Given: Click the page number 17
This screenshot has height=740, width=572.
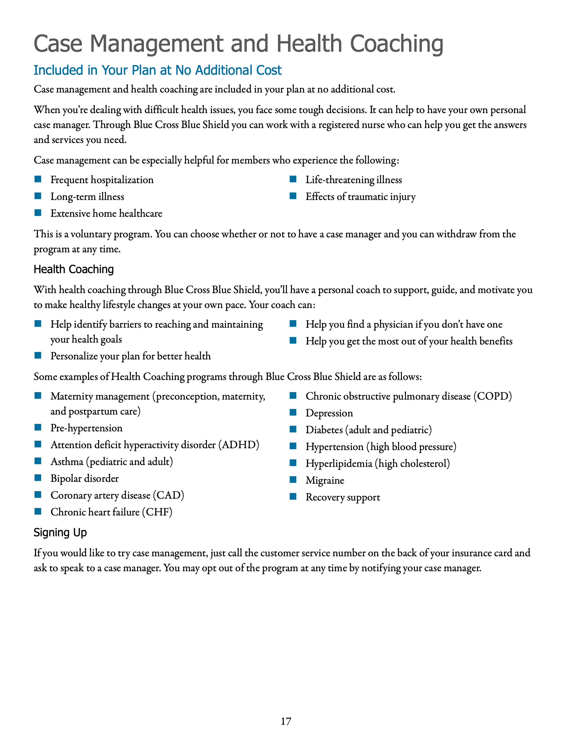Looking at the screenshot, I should (286, 721).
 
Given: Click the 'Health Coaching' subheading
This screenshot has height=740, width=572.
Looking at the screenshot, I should (74, 269).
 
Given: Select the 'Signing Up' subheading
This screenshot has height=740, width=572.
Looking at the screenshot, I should (60, 532).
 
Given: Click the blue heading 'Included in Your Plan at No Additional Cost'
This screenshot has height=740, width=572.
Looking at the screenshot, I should (158, 70).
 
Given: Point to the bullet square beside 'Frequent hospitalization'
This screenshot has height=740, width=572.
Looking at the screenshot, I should (38, 179).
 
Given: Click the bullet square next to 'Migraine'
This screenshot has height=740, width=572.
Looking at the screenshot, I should (293, 479).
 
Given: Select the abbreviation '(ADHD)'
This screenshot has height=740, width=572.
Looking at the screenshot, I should (239, 444).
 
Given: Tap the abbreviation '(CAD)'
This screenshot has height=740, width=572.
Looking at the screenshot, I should (169, 495).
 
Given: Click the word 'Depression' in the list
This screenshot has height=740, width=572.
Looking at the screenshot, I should (329, 413).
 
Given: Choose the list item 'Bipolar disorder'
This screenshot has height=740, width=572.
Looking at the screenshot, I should (84, 478).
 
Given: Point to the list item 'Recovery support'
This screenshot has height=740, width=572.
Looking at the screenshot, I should (343, 497).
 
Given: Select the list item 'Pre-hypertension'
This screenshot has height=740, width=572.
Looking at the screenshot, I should (86, 428).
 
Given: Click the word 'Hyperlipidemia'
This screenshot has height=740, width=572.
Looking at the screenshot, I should (339, 463).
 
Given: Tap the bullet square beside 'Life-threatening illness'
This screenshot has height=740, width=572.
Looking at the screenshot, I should (293, 179).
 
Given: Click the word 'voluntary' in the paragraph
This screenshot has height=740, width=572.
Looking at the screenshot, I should (90, 234).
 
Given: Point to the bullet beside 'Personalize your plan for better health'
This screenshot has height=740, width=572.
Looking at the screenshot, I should (38, 355).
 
